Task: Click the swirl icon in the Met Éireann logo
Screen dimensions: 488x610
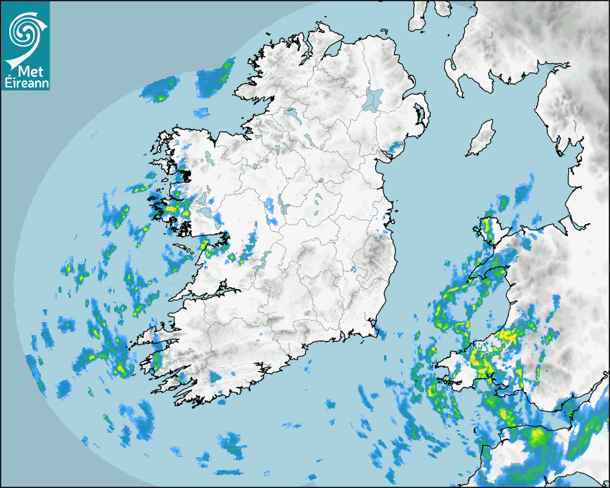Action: (x=24, y=33)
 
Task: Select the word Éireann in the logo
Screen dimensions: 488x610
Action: (x=25, y=83)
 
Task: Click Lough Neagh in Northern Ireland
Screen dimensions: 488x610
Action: (x=374, y=98)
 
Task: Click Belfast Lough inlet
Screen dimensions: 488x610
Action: (x=408, y=91)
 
